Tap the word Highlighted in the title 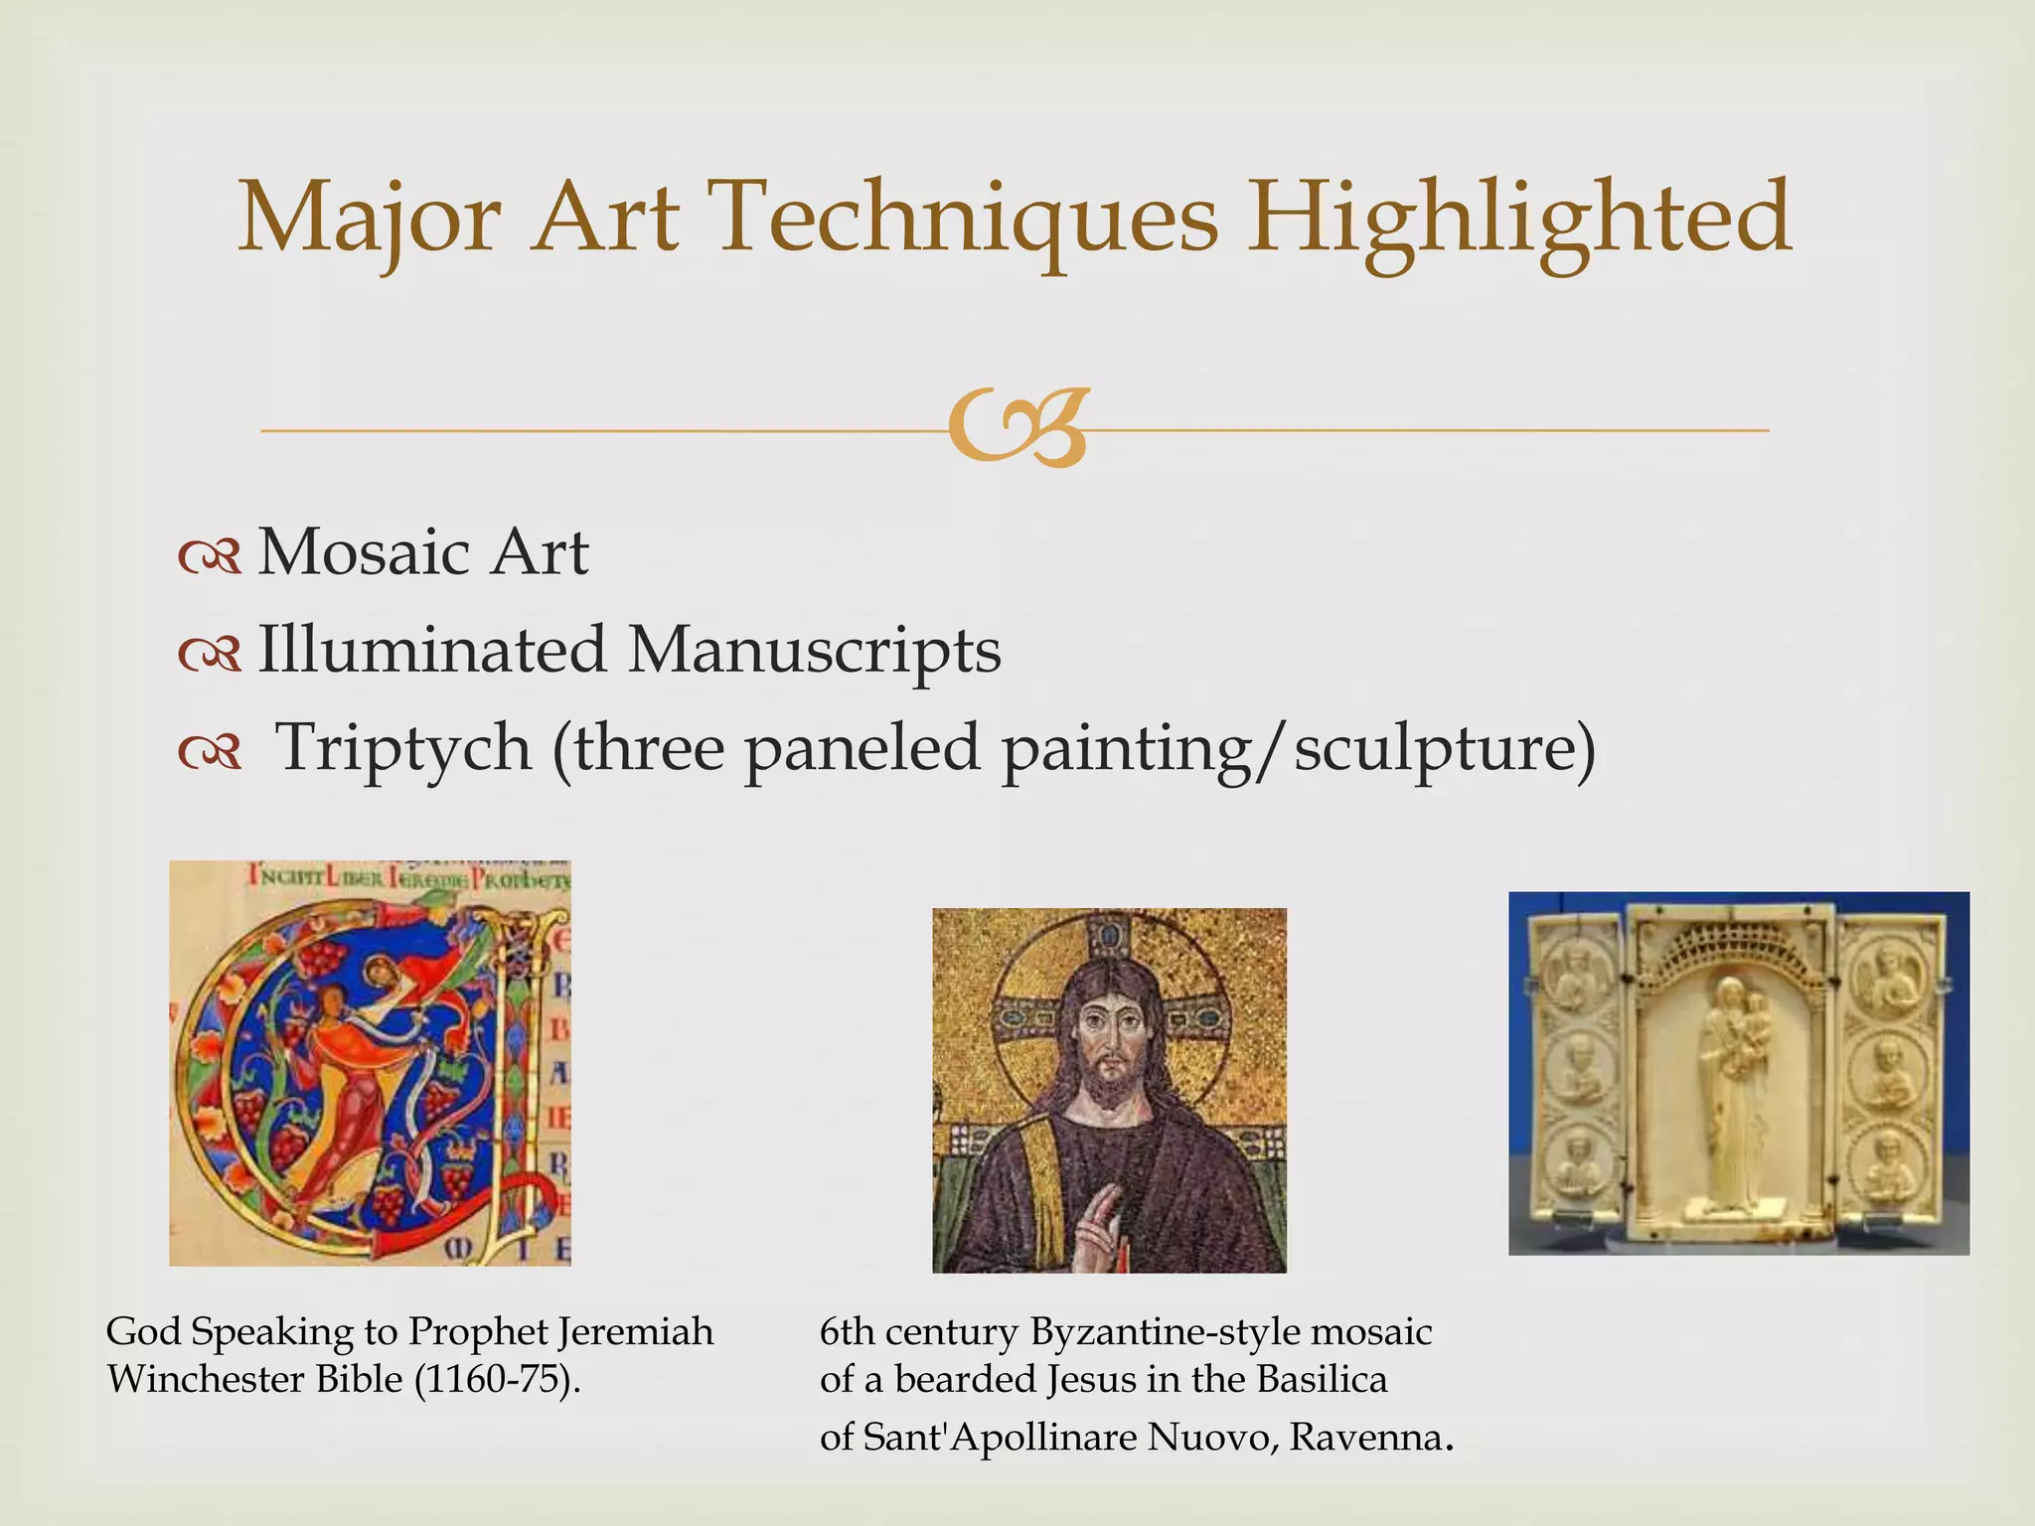pos(1520,219)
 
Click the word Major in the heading pos(368,219)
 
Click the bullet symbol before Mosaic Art pos(210,557)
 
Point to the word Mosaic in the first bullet pos(364,552)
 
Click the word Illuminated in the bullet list pos(432,650)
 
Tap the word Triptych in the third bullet pos(402,747)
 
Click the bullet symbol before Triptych pos(210,753)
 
